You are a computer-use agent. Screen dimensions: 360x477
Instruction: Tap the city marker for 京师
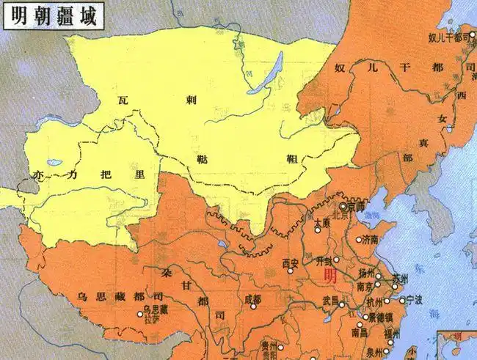343,207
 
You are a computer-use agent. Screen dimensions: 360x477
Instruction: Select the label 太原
318,222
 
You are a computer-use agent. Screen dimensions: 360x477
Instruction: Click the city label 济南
370,240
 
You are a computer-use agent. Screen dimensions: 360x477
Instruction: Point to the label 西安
291,262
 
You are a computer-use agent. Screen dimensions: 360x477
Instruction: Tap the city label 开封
324,261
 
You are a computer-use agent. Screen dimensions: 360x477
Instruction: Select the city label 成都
252,299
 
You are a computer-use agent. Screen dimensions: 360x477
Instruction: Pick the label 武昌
331,301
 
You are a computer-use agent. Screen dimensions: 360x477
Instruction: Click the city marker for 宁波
401,300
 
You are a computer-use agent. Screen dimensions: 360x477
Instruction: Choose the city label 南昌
340,331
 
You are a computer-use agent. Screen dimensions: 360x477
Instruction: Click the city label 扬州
367,272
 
